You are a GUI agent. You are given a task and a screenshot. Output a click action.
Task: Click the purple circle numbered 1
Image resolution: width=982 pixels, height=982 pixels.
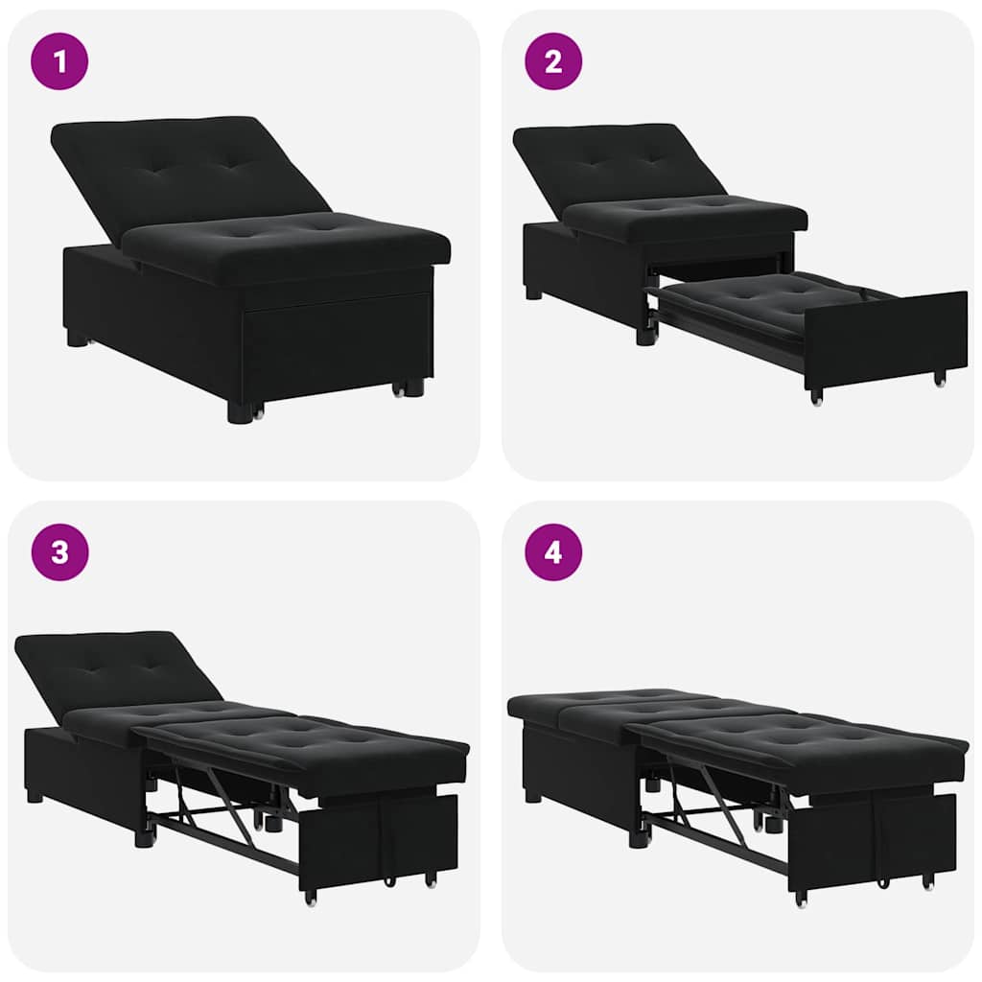pyautogui.click(x=59, y=61)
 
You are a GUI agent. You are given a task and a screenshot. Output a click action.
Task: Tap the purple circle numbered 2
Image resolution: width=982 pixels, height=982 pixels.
pyautogui.click(x=553, y=61)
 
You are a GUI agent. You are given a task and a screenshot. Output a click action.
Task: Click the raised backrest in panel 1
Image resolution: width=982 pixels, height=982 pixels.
pyautogui.click(x=182, y=168)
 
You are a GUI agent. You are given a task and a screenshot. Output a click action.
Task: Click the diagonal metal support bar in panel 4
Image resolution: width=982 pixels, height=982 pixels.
pyautogui.click(x=713, y=791)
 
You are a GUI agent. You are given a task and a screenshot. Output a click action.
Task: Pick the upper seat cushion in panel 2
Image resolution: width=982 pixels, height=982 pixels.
pyautogui.click(x=681, y=216)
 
